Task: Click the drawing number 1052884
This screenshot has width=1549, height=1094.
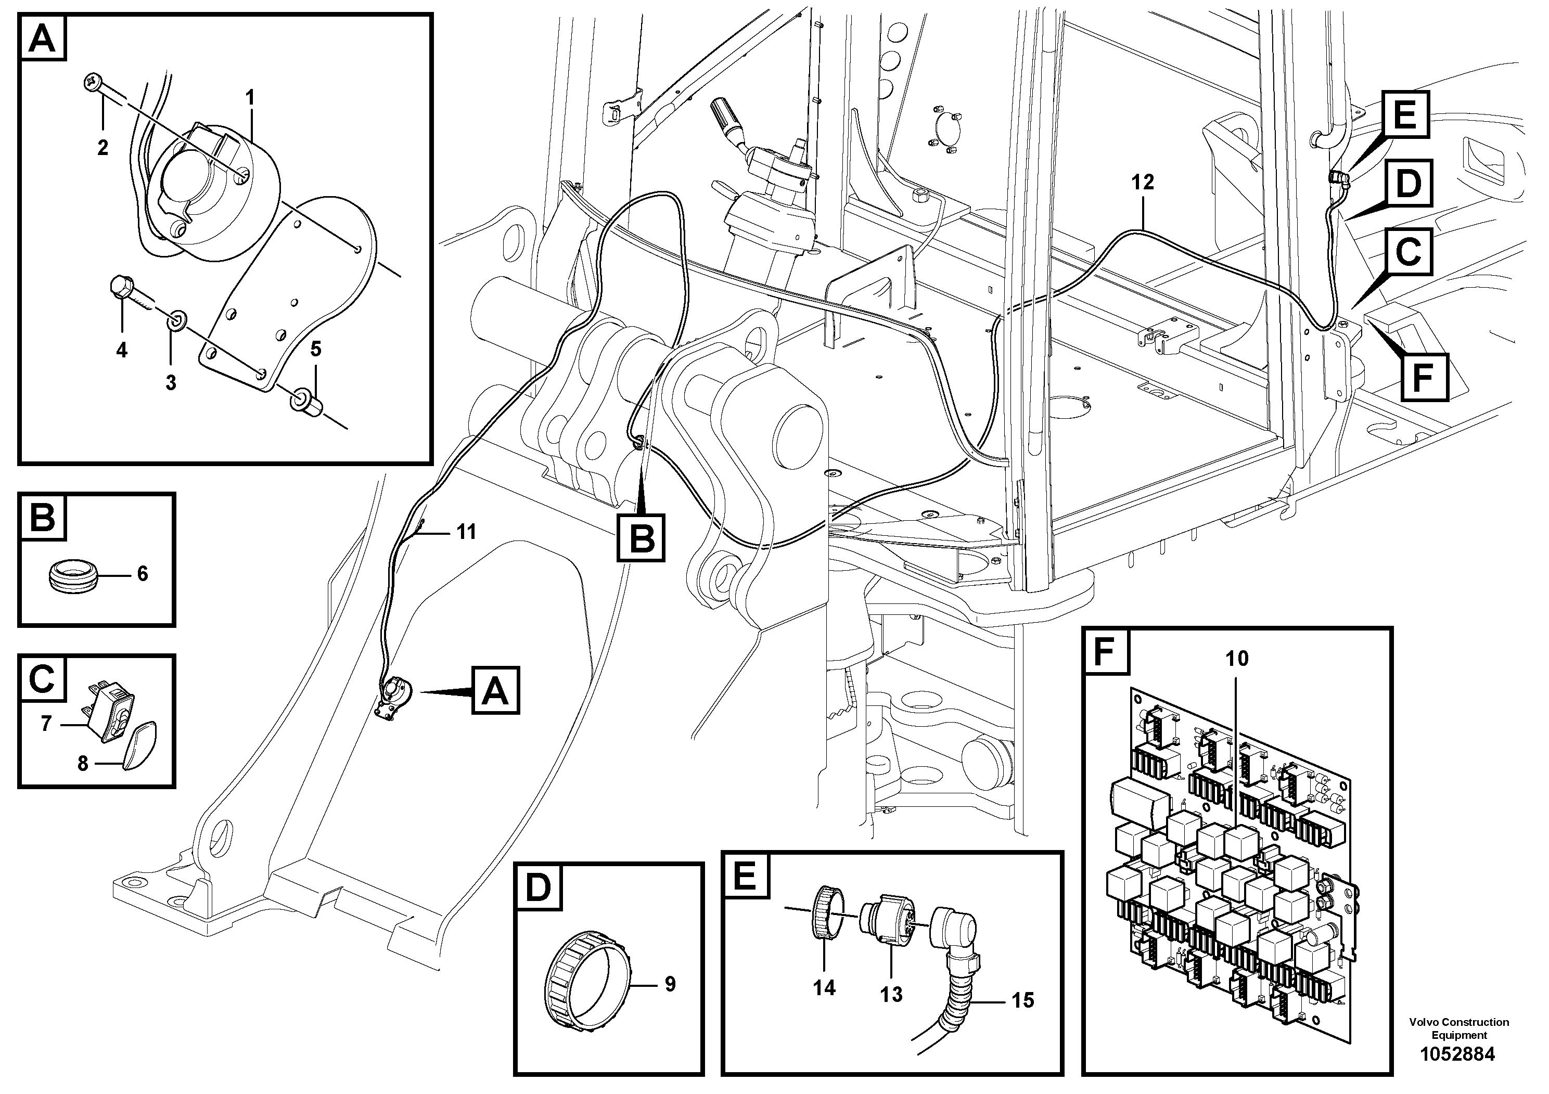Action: click(1458, 1054)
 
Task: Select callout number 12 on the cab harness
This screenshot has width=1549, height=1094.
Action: click(1143, 182)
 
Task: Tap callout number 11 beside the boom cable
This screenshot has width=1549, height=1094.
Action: click(466, 532)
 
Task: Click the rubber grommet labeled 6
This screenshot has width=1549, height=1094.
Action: click(74, 577)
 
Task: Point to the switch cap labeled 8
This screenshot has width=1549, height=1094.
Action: click(141, 743)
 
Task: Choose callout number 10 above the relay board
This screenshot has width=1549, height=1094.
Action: click(1237, 658)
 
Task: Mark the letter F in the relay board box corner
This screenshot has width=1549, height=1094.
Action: click(1106, 652)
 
